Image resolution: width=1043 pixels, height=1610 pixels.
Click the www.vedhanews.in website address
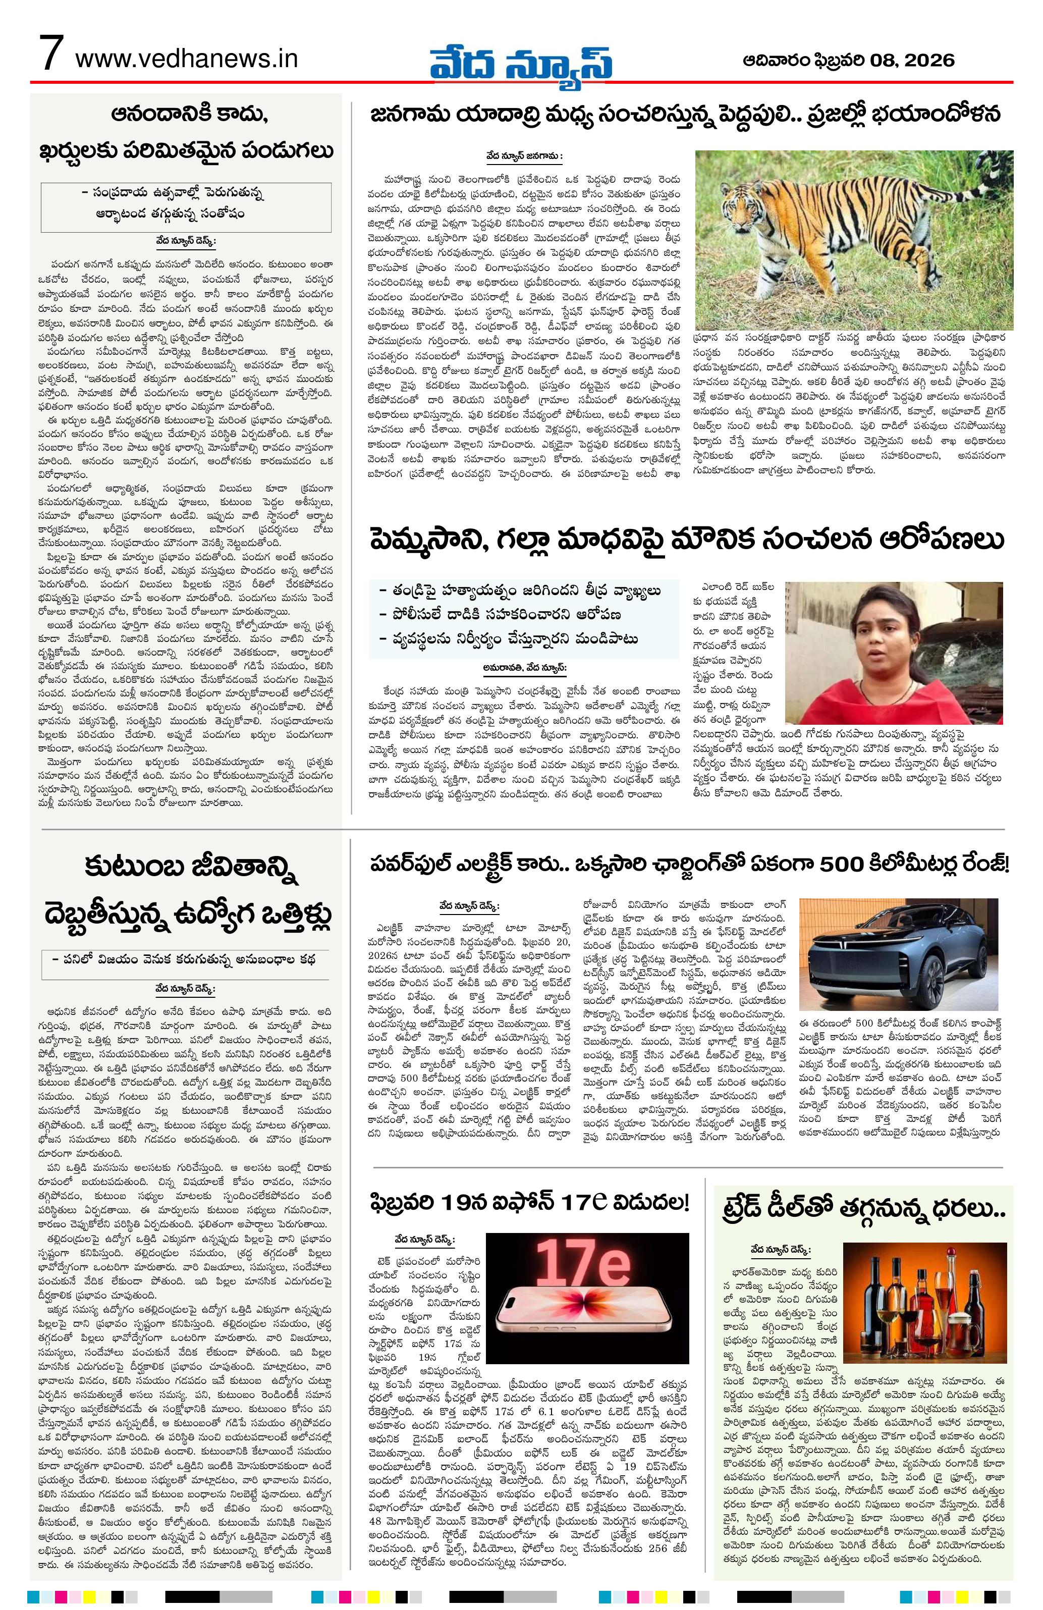(x=186, y=59)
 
